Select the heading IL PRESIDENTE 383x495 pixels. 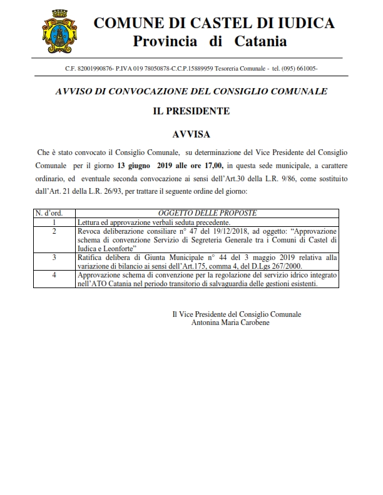[191, 112]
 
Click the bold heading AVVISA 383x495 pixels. [191, 134]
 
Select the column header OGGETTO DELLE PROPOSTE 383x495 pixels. [207, 213]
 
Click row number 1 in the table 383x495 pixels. [55, 222]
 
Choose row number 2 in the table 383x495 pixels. [55, 231]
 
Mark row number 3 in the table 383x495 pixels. [55, 257]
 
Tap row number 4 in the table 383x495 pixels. [55, 274]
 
